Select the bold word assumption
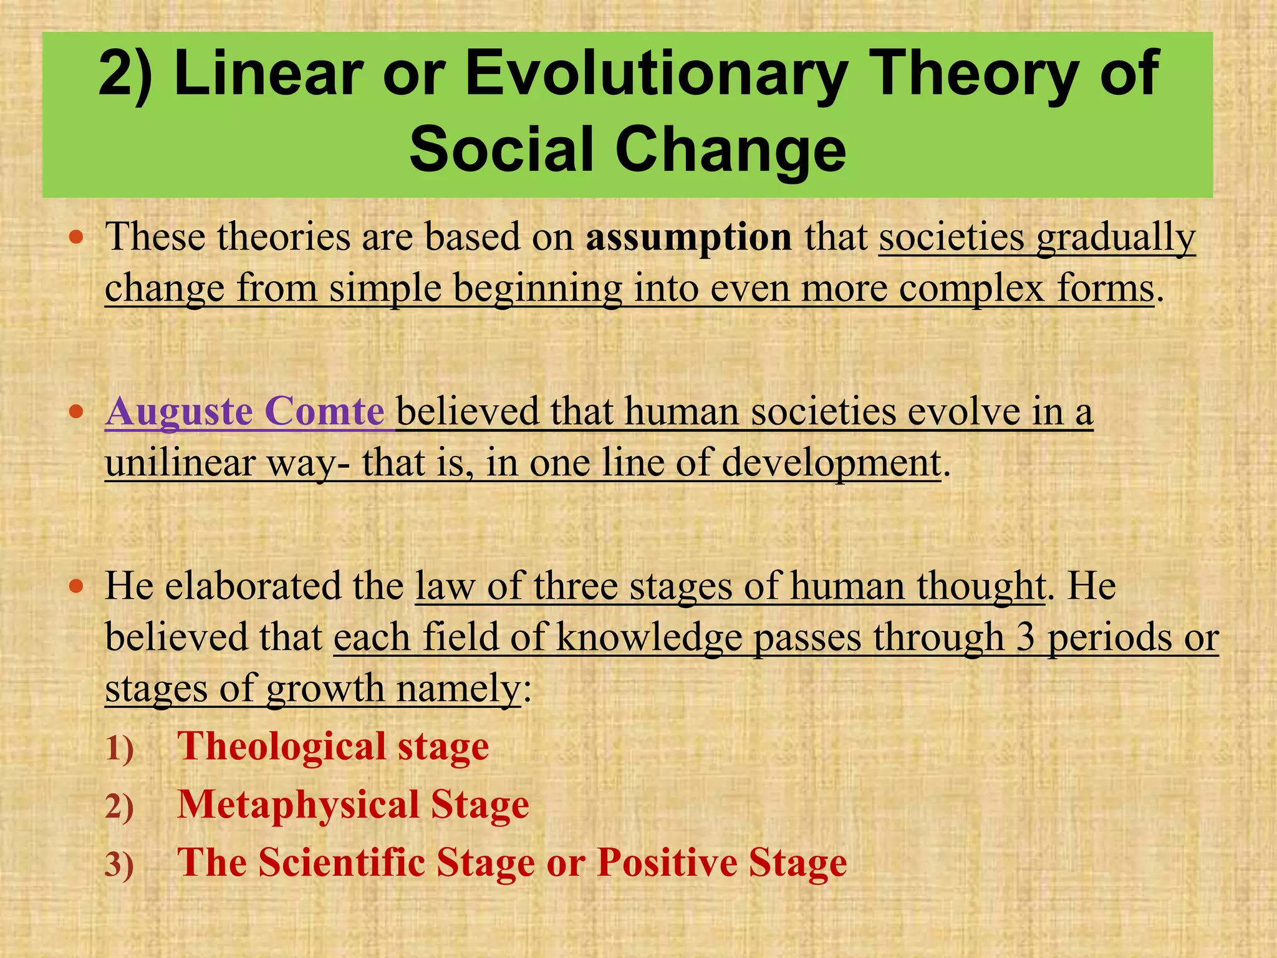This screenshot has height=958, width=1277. (688, 238)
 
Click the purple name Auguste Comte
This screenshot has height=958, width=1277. (244, 412)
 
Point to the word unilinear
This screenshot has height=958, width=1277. (180, 463)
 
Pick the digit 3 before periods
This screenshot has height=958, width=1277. (1026, 638)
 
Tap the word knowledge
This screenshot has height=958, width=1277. (648, 638)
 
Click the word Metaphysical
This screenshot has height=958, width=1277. (298, 805)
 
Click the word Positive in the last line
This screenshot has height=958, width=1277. (667, 863)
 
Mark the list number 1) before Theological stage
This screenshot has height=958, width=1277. (119, 749)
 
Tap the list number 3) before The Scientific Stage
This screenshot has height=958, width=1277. (119, 866)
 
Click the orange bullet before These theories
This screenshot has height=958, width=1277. (76, 238)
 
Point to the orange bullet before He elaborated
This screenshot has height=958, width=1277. (76, 586)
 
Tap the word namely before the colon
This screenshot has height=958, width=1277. (458, 689)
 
